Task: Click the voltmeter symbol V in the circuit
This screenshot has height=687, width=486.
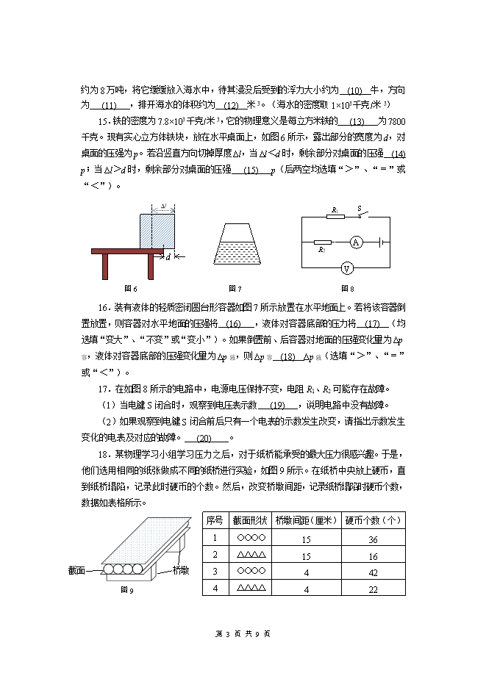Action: point(343,267)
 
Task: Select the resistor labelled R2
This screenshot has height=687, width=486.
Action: point(322,241)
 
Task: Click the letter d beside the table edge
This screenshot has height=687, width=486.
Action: point(168,257)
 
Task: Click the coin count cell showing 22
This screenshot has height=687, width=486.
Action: point(373,588)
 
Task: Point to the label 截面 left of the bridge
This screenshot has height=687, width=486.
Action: point(78,569)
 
